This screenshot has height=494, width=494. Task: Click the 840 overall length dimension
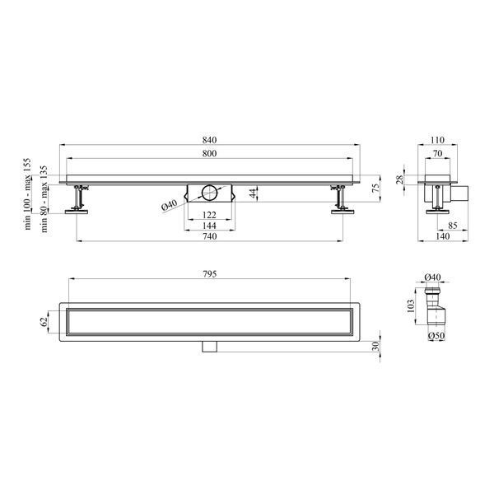[x=209, y=140]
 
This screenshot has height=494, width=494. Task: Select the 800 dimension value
[x=209, y=153]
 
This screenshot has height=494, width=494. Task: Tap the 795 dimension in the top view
[x=209, y=274]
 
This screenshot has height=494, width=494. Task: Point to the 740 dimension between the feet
[x=209, y=236]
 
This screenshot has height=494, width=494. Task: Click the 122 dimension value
[x=209, y=215]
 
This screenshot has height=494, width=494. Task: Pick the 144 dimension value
[x=209, y=226]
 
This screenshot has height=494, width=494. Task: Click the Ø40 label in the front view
[x=170, y=205]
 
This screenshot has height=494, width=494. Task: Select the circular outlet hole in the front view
[x=209, y=193]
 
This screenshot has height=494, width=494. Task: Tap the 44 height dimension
[x=254, y=193]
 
